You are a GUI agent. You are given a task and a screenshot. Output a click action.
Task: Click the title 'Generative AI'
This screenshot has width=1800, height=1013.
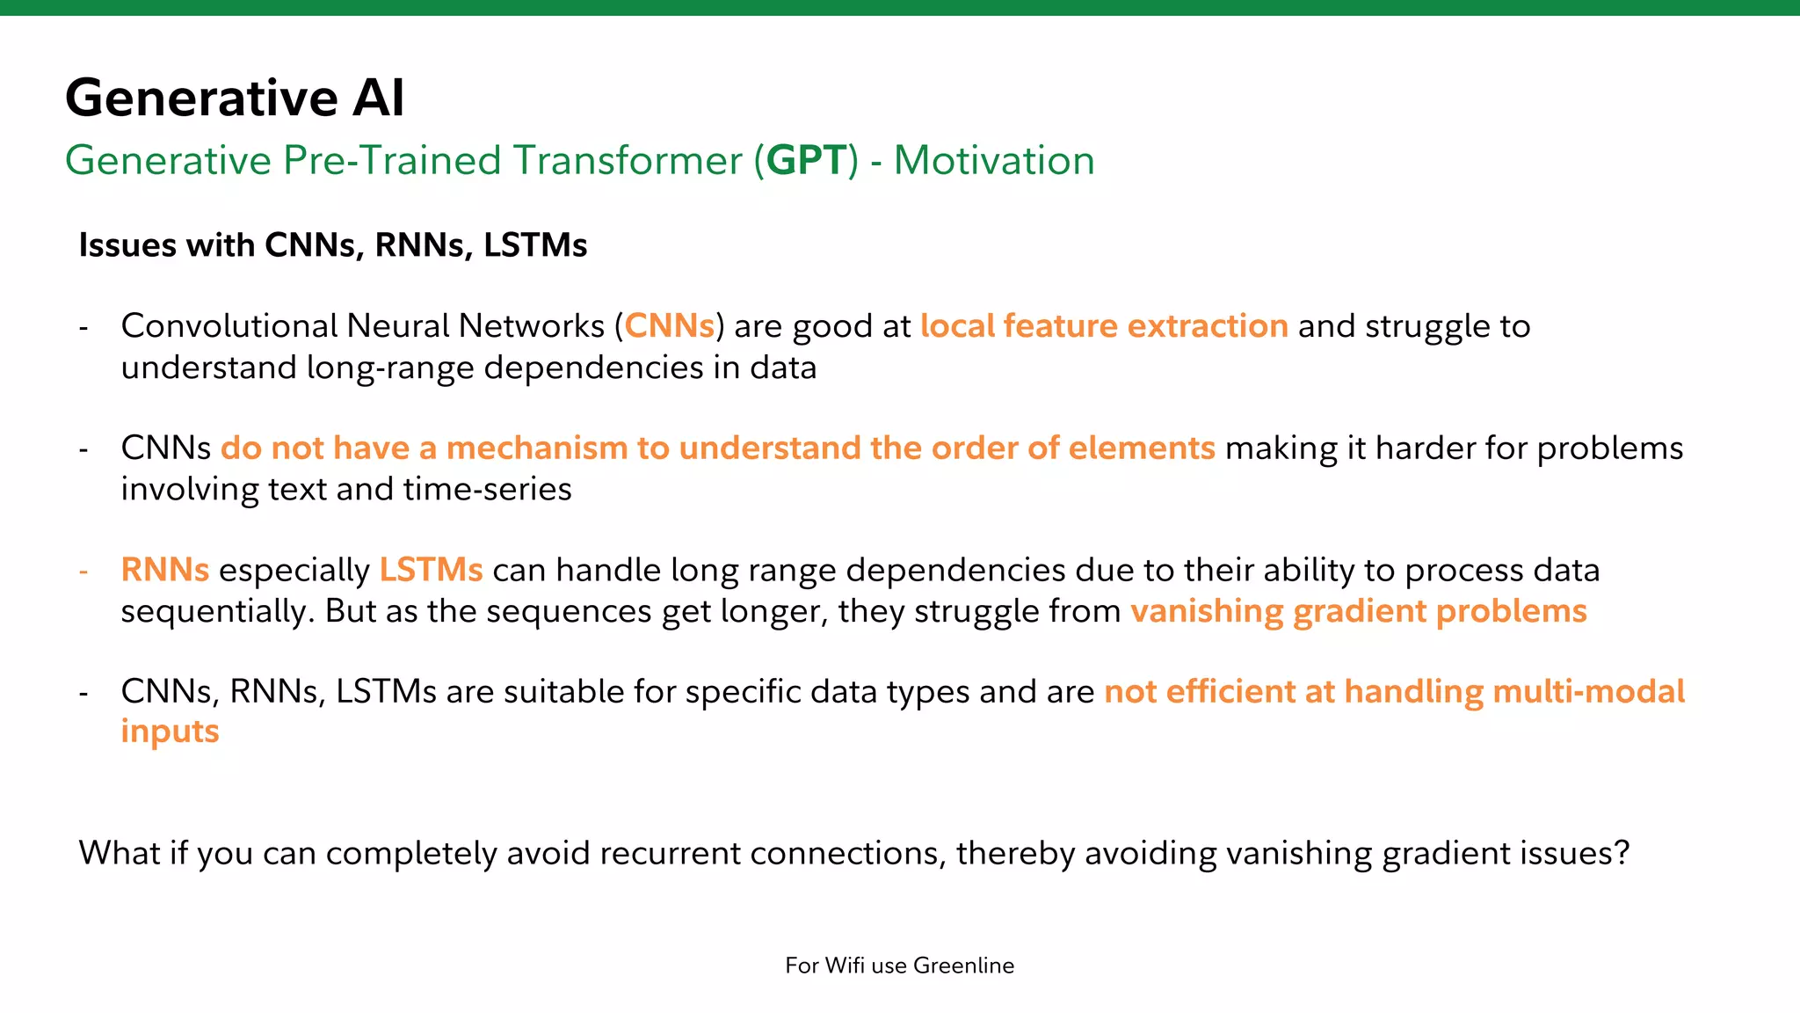pos(235,97)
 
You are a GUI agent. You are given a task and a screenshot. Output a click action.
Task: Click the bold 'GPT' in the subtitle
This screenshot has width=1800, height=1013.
pos(806,161)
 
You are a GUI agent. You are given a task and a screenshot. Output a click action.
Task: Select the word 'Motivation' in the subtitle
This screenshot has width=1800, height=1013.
pos(994,161)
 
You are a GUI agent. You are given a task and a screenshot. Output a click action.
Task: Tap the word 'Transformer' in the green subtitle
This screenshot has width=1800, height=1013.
pos(628,161)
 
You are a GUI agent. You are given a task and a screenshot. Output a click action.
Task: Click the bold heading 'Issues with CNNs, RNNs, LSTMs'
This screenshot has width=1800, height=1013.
pos(332,245)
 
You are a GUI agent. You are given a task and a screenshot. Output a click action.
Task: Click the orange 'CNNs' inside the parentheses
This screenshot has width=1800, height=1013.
pos(669,326)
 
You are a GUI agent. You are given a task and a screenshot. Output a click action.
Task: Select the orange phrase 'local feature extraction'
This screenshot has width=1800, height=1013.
pos(1104,326)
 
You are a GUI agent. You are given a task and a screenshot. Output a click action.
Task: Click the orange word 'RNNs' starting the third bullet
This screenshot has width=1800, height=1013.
pos(164,570)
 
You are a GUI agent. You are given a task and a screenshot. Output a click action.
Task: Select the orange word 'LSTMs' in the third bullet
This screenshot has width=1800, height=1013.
pos(431,570)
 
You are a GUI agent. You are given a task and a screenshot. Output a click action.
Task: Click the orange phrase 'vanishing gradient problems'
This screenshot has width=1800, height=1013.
pos(1358,611)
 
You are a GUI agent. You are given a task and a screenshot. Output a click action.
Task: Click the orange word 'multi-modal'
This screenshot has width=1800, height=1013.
pos(1588,692)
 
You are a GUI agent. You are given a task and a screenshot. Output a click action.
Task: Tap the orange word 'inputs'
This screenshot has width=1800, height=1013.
pos(170,732)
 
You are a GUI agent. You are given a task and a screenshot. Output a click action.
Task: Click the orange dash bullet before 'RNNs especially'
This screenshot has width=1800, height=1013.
pos(83,572)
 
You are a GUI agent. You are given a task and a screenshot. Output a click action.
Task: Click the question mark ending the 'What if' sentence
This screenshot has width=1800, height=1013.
pos(1622,853)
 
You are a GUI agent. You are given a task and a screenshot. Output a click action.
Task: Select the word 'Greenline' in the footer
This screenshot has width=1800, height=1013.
pos(963,966)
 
